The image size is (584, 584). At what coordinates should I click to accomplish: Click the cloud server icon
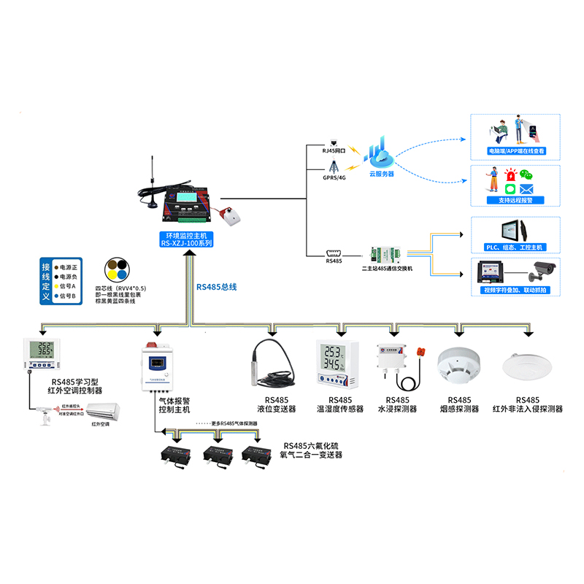(x=381, y=154)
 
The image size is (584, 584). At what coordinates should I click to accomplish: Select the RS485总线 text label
(x=217, y=287)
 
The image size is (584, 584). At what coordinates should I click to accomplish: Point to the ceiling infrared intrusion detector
(x=526, y=366)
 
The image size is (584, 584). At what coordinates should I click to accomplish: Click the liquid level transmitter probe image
(x=269, y=365)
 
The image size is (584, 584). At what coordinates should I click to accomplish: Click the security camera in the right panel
(x=541, y=272)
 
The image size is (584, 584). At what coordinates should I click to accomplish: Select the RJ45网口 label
(x=336, y=150)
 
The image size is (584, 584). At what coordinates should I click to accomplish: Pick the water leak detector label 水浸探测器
(x=396, y=410)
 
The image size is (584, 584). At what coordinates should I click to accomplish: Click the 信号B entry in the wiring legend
(x=72, y=296)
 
